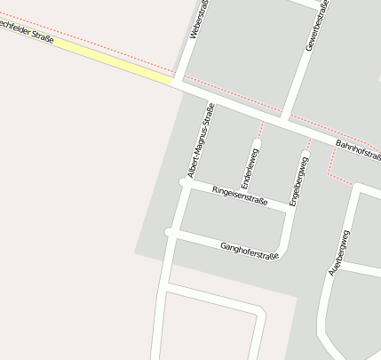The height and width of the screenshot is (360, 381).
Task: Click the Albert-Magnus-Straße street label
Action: click(x=201, y=140)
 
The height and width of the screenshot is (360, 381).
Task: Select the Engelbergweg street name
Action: click(x=298, y=181)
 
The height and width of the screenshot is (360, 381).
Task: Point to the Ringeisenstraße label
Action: click(x=240, y=196)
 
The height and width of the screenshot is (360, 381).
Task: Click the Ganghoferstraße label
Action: click(x=250, y=250)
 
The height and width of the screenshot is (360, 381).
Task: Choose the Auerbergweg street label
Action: click(x=339, y=252)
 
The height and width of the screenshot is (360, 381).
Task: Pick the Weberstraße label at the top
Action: click(x=199, y=19)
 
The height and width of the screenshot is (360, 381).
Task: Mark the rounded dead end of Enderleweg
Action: click(x=257, y=142)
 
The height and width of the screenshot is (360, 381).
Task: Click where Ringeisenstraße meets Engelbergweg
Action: click(x=293, y=208)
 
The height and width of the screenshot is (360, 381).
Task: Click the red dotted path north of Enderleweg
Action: click(x=260, y=128)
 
